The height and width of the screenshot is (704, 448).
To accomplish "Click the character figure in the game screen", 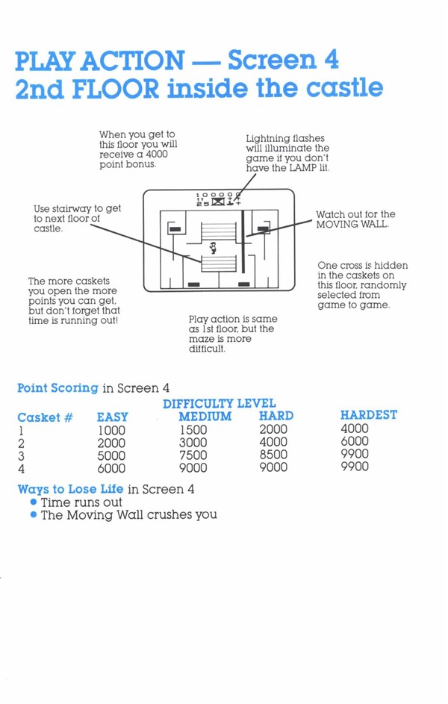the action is pyautogui.click(x=214, y=247).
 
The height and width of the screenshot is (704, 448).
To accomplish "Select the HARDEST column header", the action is pyautogui.click(x=369, y=415).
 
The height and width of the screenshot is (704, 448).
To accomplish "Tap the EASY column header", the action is pyautogui.click(x=113, y=417).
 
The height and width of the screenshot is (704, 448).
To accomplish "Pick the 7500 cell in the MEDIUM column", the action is pyautogui.click(x=193, y=455).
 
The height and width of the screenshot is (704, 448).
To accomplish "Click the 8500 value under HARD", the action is pyautogui.click(x=273, y=455).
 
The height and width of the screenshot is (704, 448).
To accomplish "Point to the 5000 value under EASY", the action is pyautogui.click(x=111, y=455).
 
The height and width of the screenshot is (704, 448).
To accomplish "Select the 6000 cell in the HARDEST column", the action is pyautogui.click(x=354, y=441).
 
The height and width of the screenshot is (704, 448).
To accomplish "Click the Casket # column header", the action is pyautogui.click(x=45, y=417).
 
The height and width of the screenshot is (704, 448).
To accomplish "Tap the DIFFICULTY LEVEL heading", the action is pyautogui.click(x=219, y=404).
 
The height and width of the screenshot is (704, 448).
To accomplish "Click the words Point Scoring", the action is pyautogui.click(x=57, y=388).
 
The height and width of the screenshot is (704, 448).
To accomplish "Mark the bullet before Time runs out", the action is pyautogui.click(x=33, y=502).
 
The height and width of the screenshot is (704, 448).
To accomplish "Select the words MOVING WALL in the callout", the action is pyautogui.click(x=352, y=225).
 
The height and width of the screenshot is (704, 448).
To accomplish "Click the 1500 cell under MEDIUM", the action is pyautogui.click(x=193, y=430).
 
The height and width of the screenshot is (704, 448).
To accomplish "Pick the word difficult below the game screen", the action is pyautogui.click(x=207, y=349).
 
